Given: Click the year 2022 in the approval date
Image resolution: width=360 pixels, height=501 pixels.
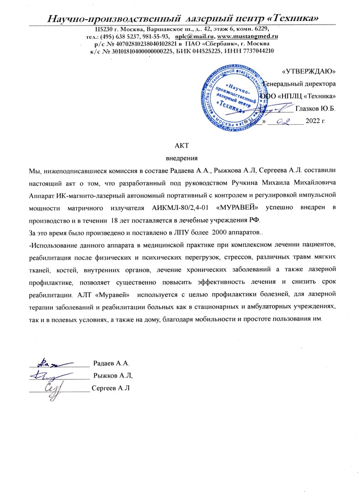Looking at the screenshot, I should [x=315, y=122].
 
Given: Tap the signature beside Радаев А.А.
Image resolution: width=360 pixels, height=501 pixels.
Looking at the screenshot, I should [x=54, y=363].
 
